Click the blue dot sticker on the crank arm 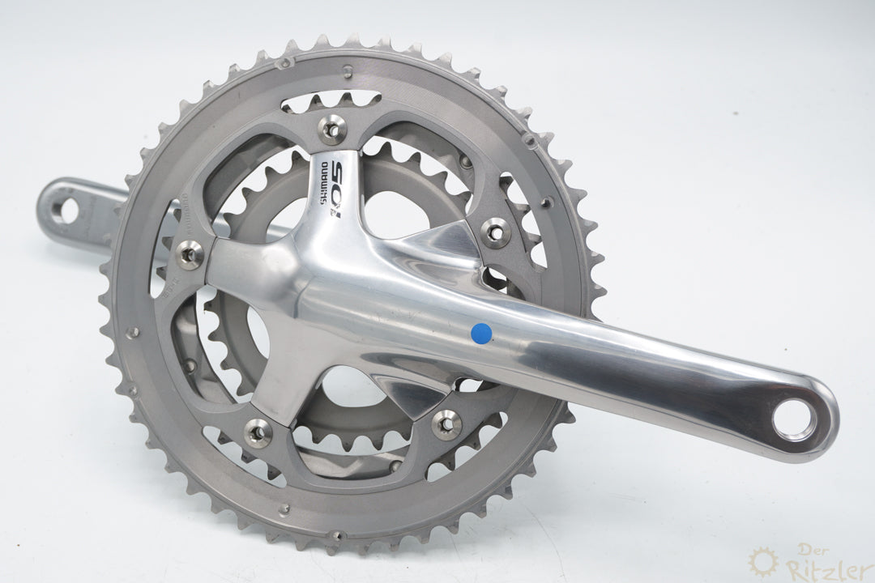coord(482,331)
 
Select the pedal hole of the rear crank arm coord(64,210)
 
